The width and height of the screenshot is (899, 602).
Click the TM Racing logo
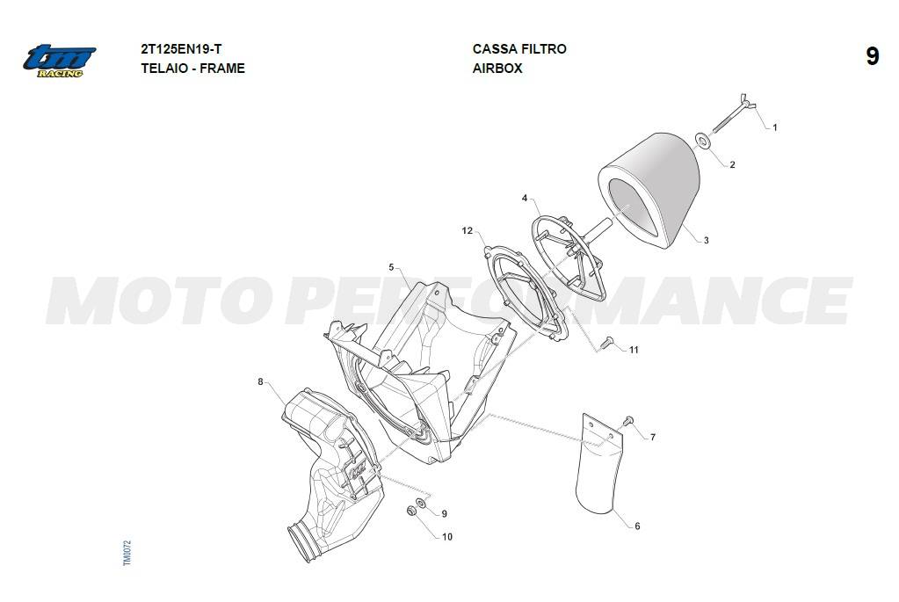point(59,61)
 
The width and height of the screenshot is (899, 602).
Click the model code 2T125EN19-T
point(181,49)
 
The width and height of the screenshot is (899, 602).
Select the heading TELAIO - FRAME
point(192,69)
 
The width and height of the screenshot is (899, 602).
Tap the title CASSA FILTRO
point(519,49)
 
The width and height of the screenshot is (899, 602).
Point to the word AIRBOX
point(497,69)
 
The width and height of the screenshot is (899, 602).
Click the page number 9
point(872,57)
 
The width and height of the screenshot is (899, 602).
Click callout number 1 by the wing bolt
point(775,127)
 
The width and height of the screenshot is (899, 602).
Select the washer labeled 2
point(702,140)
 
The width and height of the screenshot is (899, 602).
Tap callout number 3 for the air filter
point(706,240)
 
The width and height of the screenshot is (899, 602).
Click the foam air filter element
point(651,189)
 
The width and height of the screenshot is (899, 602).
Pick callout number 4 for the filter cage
point(525,199)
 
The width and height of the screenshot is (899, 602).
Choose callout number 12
point(468,230)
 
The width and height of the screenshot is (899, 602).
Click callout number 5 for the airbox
point(392,267)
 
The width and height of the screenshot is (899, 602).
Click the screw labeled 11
point(606,343)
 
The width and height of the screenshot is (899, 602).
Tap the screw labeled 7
point(628,421)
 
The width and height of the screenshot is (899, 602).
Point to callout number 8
point(260,381)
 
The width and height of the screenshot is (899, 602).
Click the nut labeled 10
point(411,511)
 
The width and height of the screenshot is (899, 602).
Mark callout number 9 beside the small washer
point(445,514)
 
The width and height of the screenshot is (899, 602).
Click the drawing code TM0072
point(127,553)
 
